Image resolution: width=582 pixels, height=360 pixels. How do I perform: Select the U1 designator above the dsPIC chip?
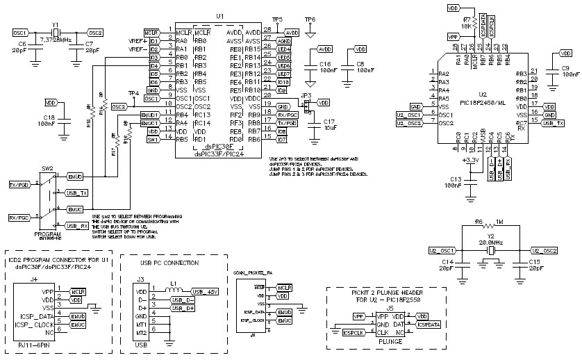tap(220, 15)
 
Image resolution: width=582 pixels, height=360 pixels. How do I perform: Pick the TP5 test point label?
tap(277, 19)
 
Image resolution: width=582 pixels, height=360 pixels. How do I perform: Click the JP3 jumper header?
tap(304, 106)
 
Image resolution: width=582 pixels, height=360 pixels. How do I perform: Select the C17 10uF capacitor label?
tap(330, 125)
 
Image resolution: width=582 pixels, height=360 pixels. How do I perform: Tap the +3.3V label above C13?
tap(470, 160)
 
